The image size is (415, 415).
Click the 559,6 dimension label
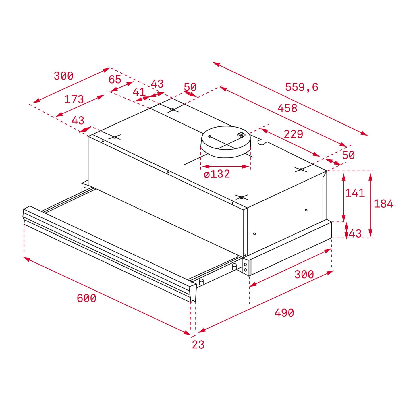[x=302, y=87]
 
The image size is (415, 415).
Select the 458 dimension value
[x=287, y=108]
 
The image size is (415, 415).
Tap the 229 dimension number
[x=293, y=134]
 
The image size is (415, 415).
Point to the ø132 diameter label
[x=217, y=174]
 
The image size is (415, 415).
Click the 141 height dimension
[x=355, y=193]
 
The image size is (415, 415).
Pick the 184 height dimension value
[x=383, y=204]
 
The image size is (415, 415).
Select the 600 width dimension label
[x=86, y=298]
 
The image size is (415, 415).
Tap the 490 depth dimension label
[x=284, y=313]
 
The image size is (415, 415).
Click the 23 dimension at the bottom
[x=198, y=345]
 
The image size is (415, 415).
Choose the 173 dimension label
[x=74, y=99]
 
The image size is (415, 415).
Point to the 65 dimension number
[x=115, y=80]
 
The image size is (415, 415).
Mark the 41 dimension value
[x=139, y=92]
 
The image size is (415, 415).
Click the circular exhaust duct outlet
[x=226, y=142]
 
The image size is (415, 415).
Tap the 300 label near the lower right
[x=304, y=275]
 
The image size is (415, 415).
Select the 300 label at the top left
[x=63, y=76]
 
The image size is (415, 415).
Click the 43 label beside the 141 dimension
[x=355, y=234]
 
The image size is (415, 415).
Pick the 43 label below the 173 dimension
[x=78, y=120]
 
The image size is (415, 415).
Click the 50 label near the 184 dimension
[x=348, y=155]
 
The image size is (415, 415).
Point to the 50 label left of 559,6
[x=190, y=87]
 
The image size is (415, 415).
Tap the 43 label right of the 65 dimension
[x=157, y=84]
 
